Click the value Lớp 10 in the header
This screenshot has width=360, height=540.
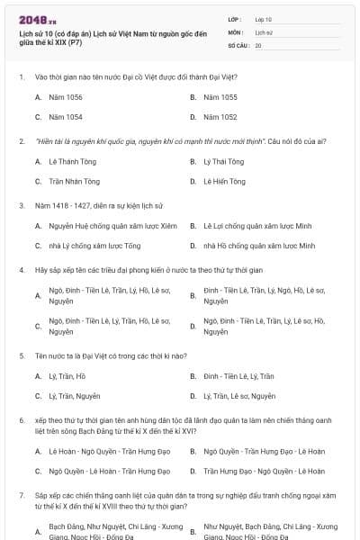tap(263, 19)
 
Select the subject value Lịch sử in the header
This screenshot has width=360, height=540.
tap(263, 31)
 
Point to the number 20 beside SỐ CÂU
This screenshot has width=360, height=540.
tap(258, 44)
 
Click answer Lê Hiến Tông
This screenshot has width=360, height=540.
tap(224, 181)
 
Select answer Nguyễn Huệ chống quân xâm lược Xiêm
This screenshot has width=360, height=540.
tap(100, 225)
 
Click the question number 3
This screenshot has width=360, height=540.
tap(21, 205)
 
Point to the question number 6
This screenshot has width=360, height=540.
tap(21, 419)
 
